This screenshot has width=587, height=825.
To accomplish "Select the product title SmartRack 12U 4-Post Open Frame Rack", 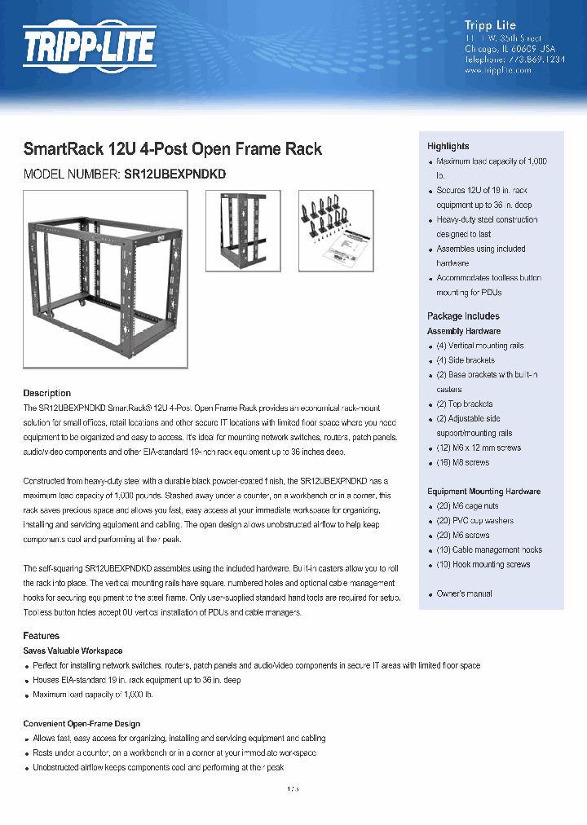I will click(172, 149).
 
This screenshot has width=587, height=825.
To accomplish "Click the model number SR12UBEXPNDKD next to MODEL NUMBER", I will click(174, 174).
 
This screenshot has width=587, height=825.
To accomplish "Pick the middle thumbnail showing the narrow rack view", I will click(242, 231).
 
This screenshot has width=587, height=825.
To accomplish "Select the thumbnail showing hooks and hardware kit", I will click(335, 231).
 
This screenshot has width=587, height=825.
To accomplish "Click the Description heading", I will click(46, 393).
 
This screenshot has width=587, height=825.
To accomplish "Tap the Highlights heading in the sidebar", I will click(448, 146).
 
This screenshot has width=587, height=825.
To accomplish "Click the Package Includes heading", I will click(463, 316).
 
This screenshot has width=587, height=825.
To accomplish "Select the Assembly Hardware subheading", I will click(463, 331).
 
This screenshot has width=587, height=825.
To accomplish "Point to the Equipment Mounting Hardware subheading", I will click(483, 492).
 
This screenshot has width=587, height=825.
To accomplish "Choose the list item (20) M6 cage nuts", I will click(470, 506).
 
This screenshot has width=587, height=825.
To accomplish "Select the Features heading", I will click(41, 636).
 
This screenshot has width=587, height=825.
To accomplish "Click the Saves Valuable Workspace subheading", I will click(73, 651).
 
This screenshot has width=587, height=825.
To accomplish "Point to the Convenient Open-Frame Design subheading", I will click(82, 724).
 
